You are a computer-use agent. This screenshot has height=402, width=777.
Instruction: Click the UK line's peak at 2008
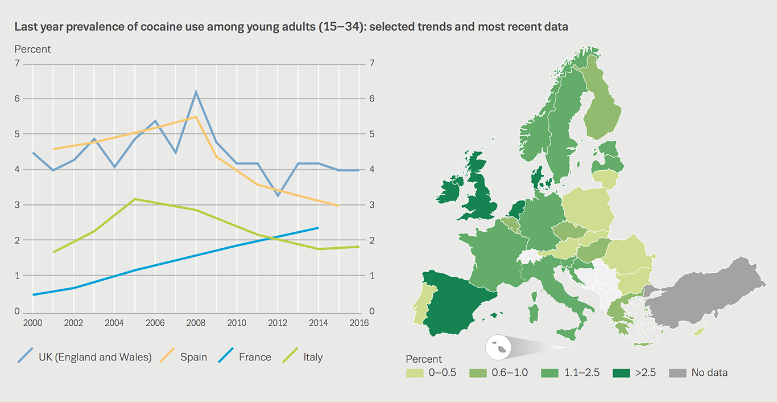pyautogui.click(x=196, y=92)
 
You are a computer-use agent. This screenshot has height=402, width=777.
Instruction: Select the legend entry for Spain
pyautogui.click(x=193, y=357)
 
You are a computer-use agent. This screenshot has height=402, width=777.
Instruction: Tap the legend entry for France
pyautogui.click(x=255, y=357)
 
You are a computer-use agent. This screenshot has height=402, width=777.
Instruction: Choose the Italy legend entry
pyautogui.click(x=313, y=357)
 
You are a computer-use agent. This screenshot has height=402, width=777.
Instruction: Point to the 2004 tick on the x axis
pyautogui.click(x=114, y=322)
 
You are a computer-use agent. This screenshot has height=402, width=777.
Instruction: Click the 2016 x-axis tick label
pyautogui.click(x=359, y=322)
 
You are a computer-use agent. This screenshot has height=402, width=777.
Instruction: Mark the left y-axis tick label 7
pyautogui.click(x=17, y=63)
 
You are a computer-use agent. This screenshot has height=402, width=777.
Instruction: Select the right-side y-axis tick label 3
pyautogui.click(x=371, y=205)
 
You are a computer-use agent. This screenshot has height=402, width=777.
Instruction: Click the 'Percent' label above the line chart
pyautogui.click(x=32, y=49)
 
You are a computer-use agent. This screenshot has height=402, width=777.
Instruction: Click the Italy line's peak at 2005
pyautogui.click(x=134, y=199)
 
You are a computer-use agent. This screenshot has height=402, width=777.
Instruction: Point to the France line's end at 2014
pyautogui.click(x=318, y=228)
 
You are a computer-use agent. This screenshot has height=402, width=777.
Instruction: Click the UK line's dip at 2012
pyautogui.click(x=277, y=196)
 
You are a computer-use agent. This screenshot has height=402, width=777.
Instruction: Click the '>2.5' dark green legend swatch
pyautogui.click(x=622, y=373)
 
